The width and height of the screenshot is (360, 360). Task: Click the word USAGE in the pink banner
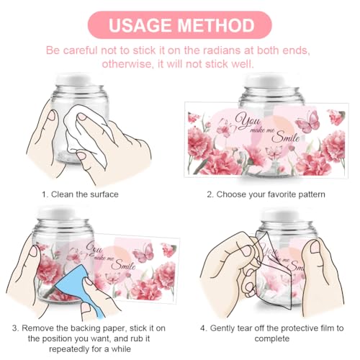140,25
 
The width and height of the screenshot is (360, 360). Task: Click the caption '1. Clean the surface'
80,194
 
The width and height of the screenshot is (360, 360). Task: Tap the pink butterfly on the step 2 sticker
308,122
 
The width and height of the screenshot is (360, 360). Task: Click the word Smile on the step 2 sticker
286,137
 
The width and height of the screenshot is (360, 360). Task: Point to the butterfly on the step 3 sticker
143,253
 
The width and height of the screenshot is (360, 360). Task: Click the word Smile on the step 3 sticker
123,265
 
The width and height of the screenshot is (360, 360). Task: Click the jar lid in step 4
284,215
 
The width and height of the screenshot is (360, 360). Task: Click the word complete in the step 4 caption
272,338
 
